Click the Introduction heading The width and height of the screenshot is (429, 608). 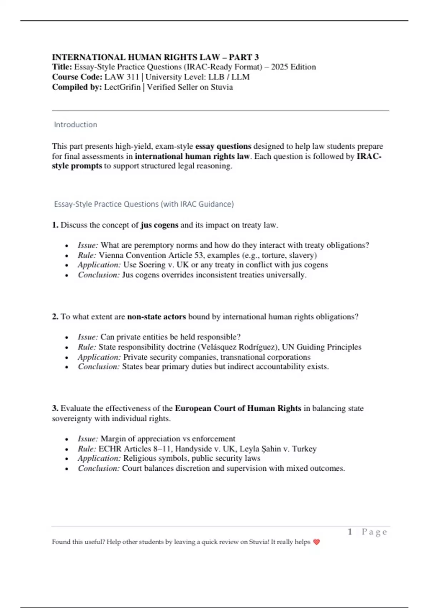pos(75,124)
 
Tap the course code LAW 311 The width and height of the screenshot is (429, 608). pos(122,77)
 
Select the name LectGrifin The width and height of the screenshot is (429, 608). pos(122,87)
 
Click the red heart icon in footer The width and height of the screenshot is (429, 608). pos(316,542)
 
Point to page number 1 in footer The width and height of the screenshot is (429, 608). pos(350,532)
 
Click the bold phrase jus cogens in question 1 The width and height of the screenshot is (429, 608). pos(159,225)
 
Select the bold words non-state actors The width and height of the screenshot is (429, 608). pos(157,317)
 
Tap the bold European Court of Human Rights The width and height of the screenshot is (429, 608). pos(238,408)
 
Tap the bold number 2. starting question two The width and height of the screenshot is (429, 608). pos(55,317)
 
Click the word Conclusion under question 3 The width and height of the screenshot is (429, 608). pos(99,468)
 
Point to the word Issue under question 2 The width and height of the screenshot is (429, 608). pos(88,337)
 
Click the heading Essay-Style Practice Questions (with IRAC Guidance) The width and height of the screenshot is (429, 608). pos(144,204)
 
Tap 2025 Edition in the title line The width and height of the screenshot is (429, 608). pos(294,67)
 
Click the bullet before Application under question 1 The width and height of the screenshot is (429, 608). pos(66,265)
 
